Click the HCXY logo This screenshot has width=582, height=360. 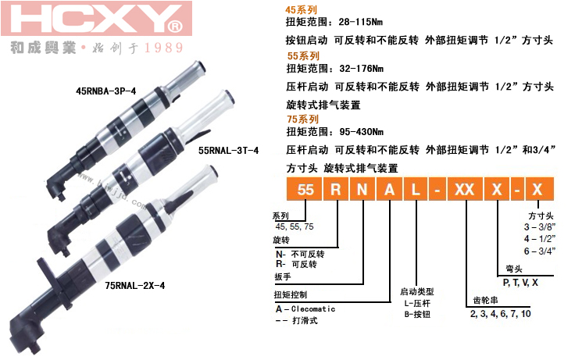pyautogui.click(x=97, y=19)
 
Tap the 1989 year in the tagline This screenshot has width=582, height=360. pyautogui.click(x=164, y=48)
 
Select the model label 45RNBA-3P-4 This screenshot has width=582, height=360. pyautogui.click(x=106, y=91)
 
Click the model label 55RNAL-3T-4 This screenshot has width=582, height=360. pyautogui.click(x=228, y=150)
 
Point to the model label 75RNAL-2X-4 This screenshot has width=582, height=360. pyautogui.click(x=134, y=285)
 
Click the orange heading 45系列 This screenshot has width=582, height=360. pyautogui.click(x=301, y=10)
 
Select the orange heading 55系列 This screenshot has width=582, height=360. pyautogui.click(x=303, y=56)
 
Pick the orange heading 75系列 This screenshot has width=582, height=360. pyautogui.click(x=302, y=119)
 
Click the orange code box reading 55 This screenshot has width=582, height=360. pyautogui.click(x=305, y=189)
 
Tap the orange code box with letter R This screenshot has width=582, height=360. pyautogui.click(x=336, y=189)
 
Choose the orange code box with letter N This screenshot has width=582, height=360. pyautogui.click(x=362, y=189)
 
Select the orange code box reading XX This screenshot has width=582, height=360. pyautogui.click(x=465, y=189)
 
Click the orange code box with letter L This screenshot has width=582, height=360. pyautogui.click(x=416, y=189)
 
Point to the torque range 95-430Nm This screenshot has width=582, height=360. pyautogui.click(x=361, y=132)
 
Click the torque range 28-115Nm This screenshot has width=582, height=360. pyautogui.click(x=360, y=22)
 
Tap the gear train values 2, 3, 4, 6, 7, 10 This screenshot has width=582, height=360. pyautogui.click(x=500, y=314)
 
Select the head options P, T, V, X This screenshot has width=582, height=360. pyautogui.click(x=520, y=283)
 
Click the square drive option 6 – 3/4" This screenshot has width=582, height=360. pyautogui.click(x=540, y=251)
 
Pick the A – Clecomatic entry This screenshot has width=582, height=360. pyautogui.click(x=305, y=308)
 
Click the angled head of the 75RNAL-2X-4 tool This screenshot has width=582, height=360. pyautogui.click(x=26, y=330)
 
